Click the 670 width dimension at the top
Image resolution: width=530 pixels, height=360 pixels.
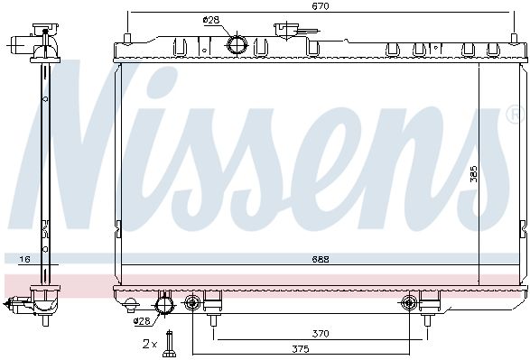pyautogui.click(x=321, y=6)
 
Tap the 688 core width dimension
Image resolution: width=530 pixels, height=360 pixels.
pyautogui.click(x=321, y=259)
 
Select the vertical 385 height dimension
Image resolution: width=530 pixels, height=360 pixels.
pyautogui.click(x=474, y=173)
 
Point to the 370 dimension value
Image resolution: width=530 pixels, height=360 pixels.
pyautogui.click(x=321, y=334)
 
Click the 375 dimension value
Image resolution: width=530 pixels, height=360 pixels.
pyautogui.click(x=301, y=348)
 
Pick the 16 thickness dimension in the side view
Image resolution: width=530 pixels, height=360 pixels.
pyautogui.click(x=24, y=259)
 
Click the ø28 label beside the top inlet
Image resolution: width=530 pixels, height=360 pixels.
pyautogui.click(x=211, y=20)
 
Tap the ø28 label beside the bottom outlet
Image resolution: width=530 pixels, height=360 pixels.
pyautogui.click(x=142, y=321)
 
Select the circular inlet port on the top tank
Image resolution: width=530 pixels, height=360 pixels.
pyautogui.click(x=237, y=44)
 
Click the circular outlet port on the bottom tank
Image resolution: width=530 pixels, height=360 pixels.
pyautogui.click(x=165, y=305)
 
